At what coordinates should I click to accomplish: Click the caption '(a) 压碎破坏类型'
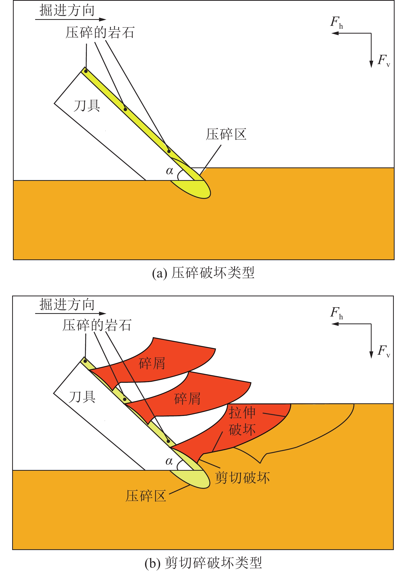click(x=203, y=273)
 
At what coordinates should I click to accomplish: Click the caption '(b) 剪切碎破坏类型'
click(x=203, y=563)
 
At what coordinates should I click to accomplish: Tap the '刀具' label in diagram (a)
click(x=87, y=106)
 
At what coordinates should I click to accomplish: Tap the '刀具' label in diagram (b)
click(x=82, y=397)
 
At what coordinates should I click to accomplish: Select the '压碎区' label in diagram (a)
click(x=226, y=134)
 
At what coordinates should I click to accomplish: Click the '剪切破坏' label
click(x=242, y=477)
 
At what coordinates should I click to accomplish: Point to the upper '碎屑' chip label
click(x=152, y=363)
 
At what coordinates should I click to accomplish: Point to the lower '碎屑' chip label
click(x=187, y=399)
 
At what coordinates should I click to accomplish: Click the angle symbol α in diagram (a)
click(x=170, y=171)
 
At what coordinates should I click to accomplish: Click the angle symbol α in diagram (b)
click(x=169, y=461)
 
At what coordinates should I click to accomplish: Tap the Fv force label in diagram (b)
click(x=383, y=351)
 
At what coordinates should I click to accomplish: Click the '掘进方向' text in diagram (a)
click(x=67, y=11)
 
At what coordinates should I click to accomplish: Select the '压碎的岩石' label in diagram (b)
click(x=97, y=325)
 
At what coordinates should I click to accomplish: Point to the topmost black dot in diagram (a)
click(x=86, y=71)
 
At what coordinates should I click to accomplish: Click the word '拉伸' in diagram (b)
click(x=242, y=413)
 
